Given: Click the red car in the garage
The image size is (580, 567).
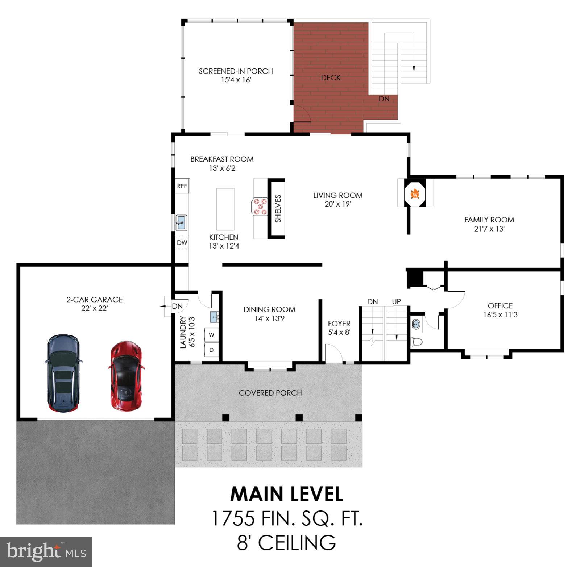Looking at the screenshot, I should (126, 376).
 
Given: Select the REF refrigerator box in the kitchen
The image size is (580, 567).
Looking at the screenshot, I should (182, 186).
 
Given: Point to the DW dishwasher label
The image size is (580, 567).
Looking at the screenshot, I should (182, 242).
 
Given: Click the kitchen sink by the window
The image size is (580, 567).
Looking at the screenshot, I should (181, 222).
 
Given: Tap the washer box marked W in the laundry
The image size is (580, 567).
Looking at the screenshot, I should (211, 335).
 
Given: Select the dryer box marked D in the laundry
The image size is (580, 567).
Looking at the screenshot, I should (211, 350).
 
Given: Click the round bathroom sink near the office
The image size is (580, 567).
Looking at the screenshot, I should (417, 324).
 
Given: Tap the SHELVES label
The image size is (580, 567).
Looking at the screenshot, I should (278, 209).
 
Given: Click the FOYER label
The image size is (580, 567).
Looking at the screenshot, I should (339, 324).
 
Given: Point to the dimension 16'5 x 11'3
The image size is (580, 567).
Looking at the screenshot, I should (500, 315).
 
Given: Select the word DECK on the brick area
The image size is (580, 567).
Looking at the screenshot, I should (331, 78).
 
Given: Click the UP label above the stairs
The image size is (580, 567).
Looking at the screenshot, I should (396, 301).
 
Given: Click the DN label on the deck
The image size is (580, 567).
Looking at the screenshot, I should (384, 99).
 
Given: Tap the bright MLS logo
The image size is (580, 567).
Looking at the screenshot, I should (46, 551).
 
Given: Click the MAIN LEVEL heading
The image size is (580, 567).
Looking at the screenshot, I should (286, 494).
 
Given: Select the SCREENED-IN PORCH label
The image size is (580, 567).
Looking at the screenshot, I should (236, 71).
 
